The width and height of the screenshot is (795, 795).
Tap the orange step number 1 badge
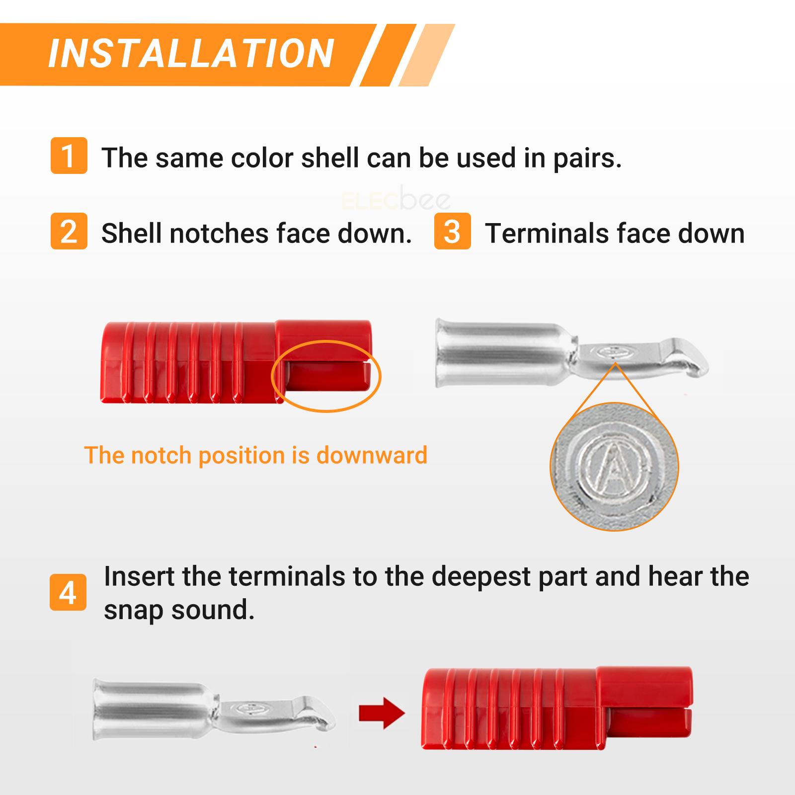(69, 156)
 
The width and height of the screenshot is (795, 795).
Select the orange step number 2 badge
(69, 231)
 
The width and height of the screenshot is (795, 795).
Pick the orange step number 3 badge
(452, 231)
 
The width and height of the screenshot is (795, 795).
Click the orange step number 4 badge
(68, 593)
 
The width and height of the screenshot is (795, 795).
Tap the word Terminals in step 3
(547, 233)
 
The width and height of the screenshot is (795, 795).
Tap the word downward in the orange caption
(372, 455)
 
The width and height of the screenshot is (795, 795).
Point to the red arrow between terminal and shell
(382, 714)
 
